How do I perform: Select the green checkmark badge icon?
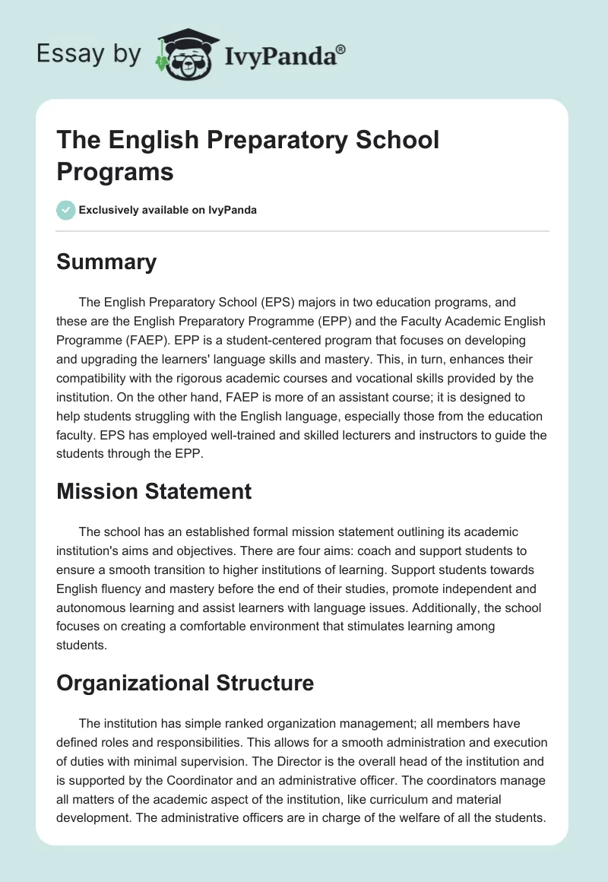click(66, 210)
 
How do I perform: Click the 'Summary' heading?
click(106, 262)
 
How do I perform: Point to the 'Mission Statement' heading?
click(154, 491)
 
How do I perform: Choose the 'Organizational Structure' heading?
click(185, 683)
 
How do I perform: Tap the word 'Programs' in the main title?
click(115, 171)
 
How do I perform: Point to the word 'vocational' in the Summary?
click(393, 378)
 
